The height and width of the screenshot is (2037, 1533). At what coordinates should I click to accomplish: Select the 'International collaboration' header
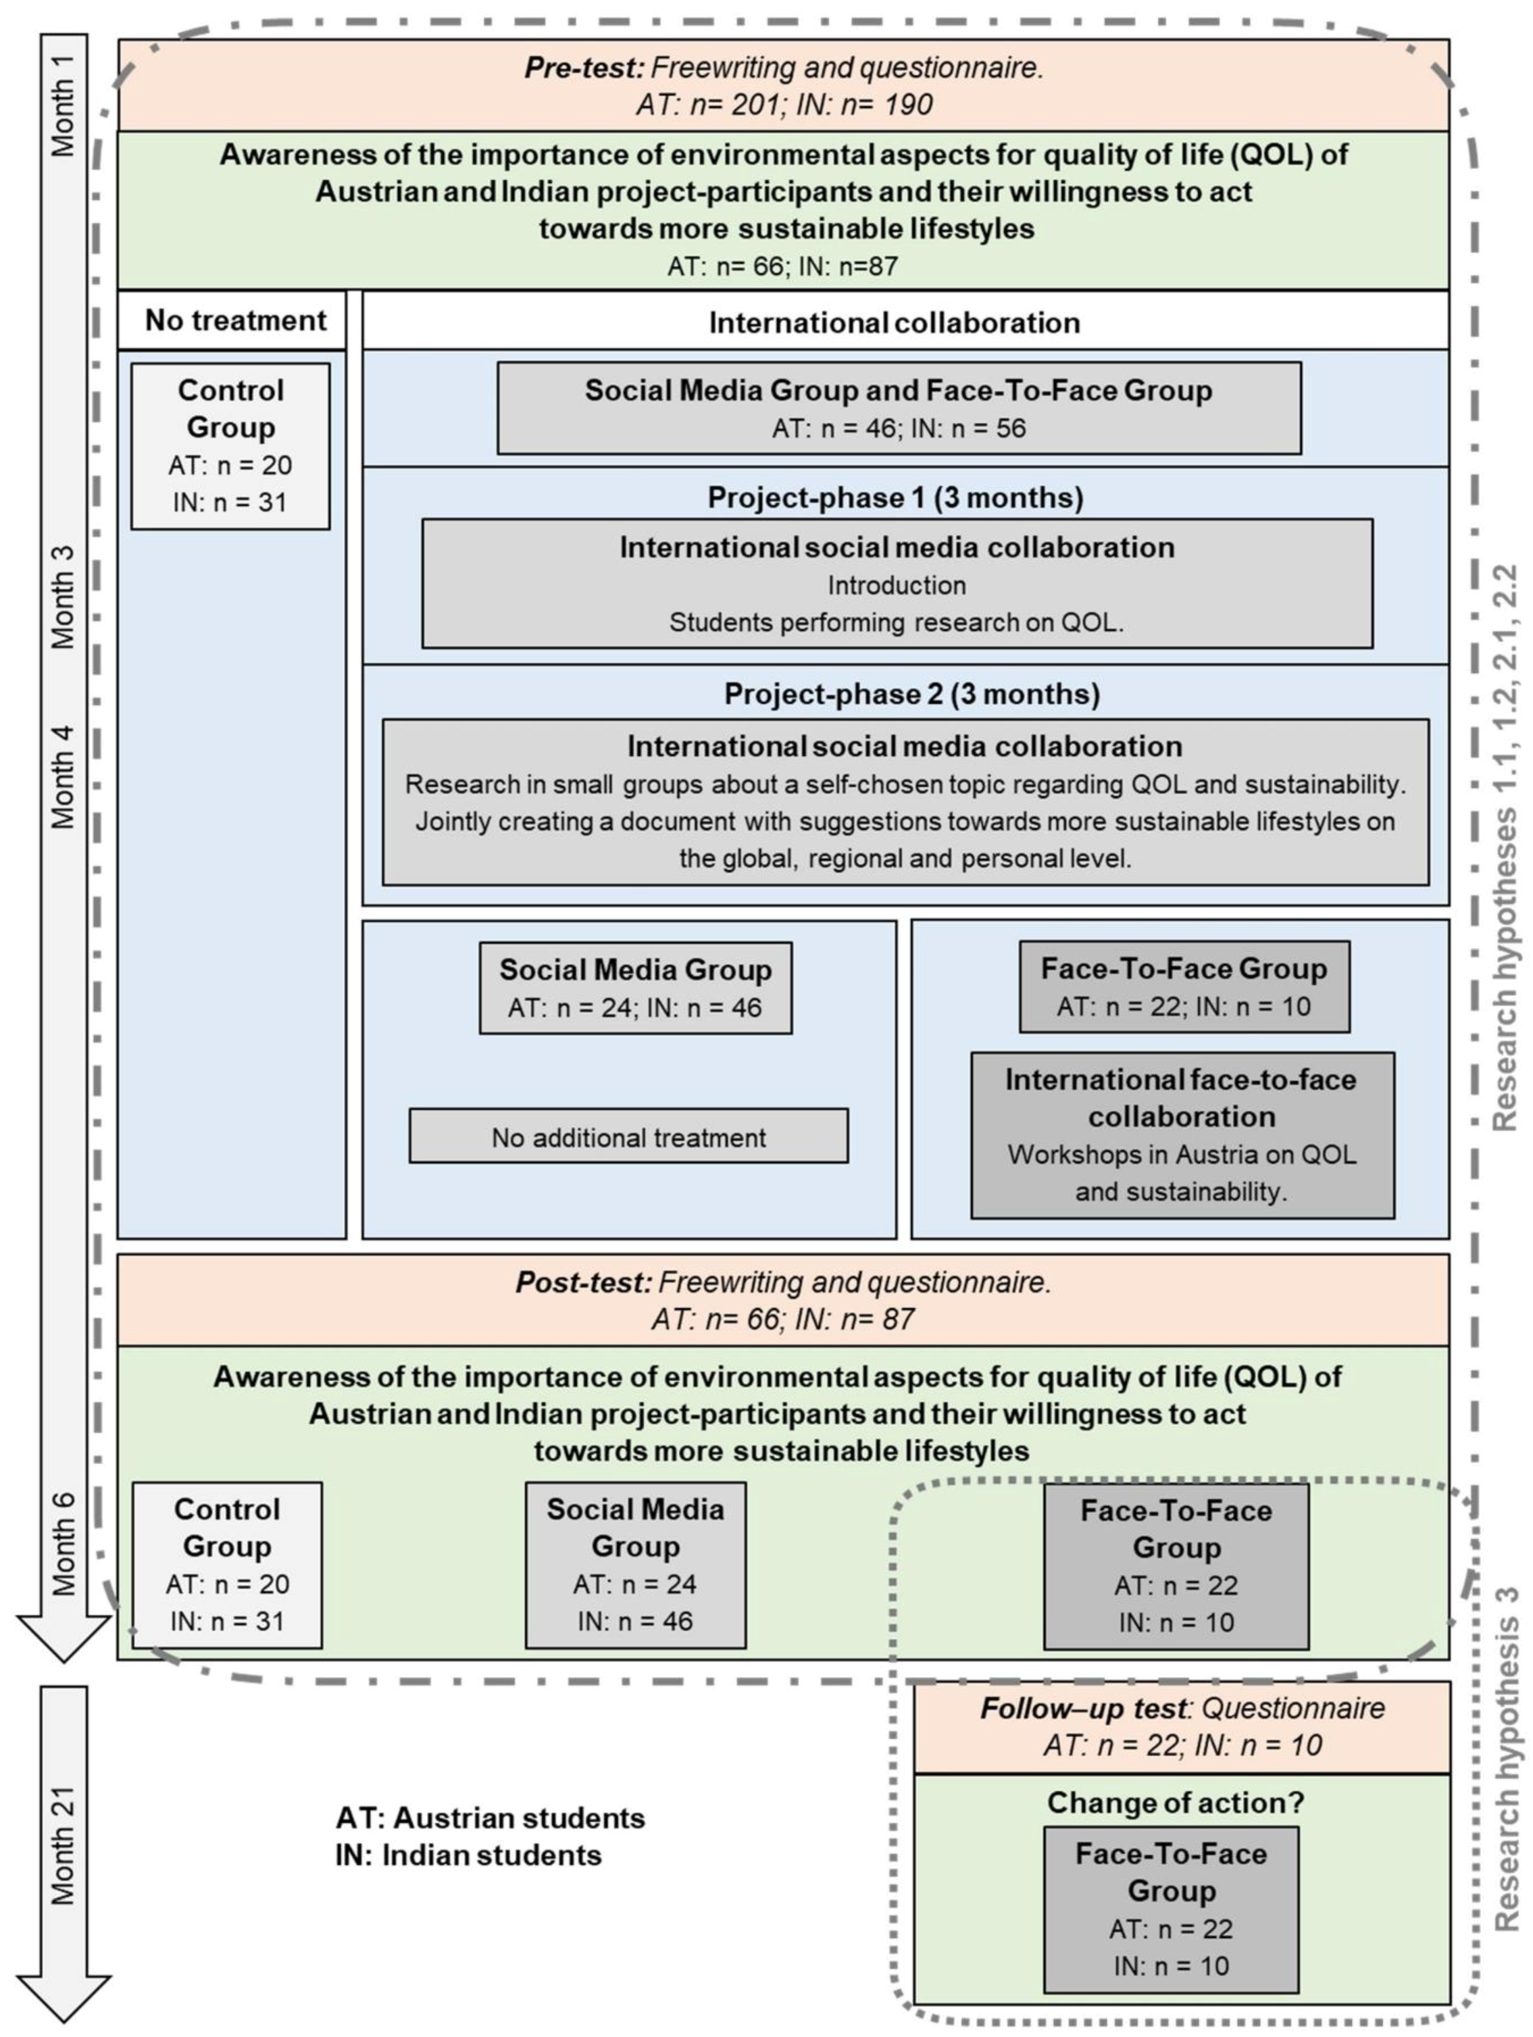tap(894, 322)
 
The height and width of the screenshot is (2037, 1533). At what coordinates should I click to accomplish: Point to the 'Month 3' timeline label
tap(62, 597)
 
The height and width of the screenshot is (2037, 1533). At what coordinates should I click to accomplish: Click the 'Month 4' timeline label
tap(62, 776)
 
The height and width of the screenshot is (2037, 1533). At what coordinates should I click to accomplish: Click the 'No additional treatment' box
tap(629, 1136)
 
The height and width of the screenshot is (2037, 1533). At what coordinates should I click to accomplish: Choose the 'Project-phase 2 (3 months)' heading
tap(911, 694)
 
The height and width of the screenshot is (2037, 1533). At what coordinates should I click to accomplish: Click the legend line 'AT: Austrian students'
tap(490, 1818)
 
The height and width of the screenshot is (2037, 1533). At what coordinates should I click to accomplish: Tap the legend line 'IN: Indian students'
tap(468, 1855)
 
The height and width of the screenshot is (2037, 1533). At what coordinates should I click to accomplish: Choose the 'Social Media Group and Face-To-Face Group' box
tap(898, 408)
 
